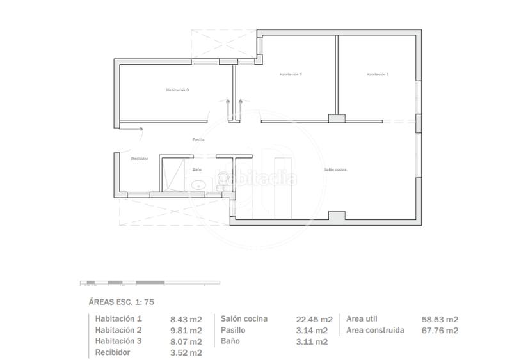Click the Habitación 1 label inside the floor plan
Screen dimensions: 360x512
tap(377, 75)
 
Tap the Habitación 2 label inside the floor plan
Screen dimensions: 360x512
tap(291, 75)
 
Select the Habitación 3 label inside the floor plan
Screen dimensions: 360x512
tap(177, 90)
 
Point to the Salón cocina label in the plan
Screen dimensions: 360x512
tap(335, 169)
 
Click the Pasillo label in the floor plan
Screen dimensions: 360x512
tap(198, 139)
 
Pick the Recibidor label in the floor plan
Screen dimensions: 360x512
tap(140, 159)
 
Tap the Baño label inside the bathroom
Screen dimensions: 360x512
tap(197, 169)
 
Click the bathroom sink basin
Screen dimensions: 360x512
tap(198, 185)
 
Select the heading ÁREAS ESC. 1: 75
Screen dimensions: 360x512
tap(121, 302)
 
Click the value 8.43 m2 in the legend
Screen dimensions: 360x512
tap(186, 319)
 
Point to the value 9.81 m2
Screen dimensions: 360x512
tap(186, 330)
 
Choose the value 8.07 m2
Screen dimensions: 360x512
tap(186, 341)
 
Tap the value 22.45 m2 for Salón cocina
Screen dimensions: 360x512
tap(314, 319)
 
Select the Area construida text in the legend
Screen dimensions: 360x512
tap(375, 330)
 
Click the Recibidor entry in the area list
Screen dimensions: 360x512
tap(113, 352)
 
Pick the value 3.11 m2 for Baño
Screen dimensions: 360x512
tap(313, 341)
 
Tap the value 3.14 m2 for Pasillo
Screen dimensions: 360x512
tap(313, 330)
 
